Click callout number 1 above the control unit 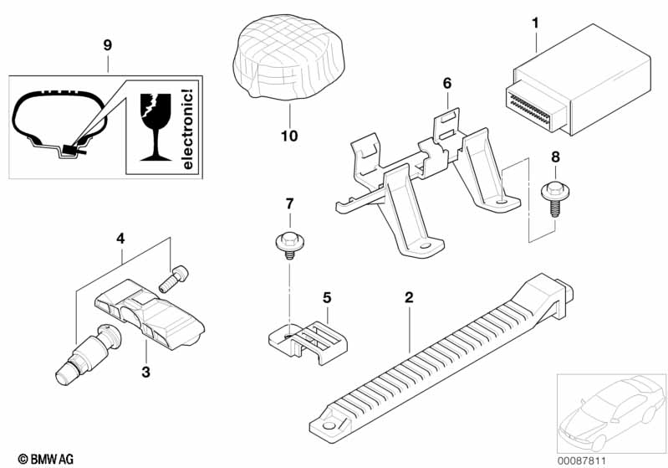tap(536, 23)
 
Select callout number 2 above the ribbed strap tap(409, 297)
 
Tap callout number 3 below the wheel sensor tap(145, 372)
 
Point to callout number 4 tap(120, 239)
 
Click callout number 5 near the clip tap(327, 297)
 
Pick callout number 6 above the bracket tap(447, 83)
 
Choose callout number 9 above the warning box tap(108, 45)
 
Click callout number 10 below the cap tap(289, 136)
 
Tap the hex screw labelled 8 tap(555, 199)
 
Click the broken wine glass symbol tap(156, 126)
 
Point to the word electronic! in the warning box tap(187, 129)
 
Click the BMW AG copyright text tap(46, 459)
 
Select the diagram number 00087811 tap(582, 460)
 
